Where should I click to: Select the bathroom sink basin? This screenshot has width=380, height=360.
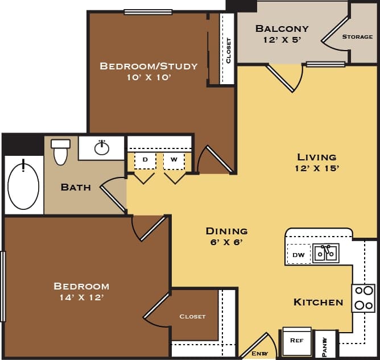(102, 148)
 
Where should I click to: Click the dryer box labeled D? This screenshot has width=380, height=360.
(145, 160)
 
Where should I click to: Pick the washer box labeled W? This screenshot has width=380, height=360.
(174, 160)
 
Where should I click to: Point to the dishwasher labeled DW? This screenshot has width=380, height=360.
(299, 255)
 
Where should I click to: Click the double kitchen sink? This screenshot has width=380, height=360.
(325, 253)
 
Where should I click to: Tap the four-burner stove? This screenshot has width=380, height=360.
(363, 298)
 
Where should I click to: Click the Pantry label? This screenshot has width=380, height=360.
(325, 345)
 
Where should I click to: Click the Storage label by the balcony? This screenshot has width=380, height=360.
(357, 37)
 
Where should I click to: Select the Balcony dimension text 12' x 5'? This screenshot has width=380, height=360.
(282, 40)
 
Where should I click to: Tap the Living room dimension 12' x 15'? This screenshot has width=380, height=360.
(317, 168)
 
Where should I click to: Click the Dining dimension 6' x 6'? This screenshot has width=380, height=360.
(226, 242)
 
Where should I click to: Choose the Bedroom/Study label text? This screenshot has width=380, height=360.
(148, 66)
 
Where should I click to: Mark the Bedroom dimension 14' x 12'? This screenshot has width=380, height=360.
(81, 297)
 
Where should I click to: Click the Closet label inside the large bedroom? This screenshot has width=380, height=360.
(192, 316)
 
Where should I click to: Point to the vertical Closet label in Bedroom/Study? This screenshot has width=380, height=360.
(229, 50)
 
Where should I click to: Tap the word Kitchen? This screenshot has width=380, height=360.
(318, 302)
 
